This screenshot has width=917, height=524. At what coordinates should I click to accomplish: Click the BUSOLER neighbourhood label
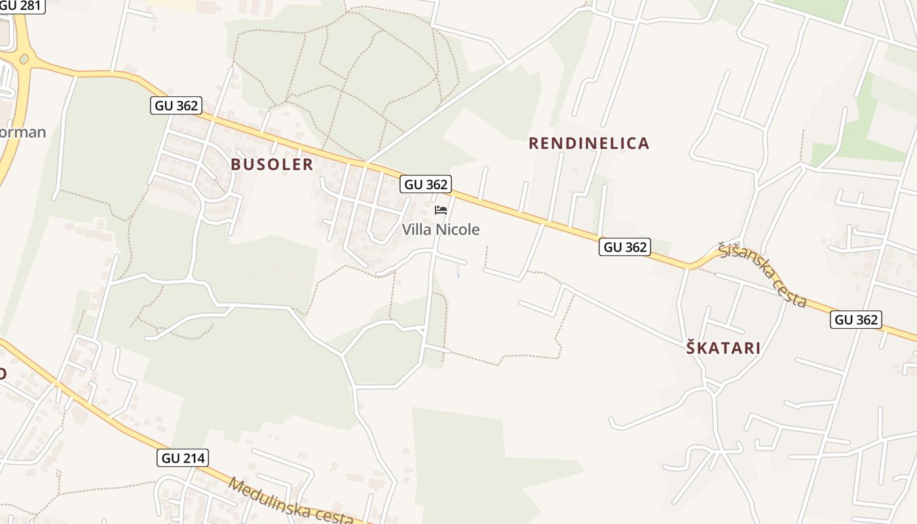272,164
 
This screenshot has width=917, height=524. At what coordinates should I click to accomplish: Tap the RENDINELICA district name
589,143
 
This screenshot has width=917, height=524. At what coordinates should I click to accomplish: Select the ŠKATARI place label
723,348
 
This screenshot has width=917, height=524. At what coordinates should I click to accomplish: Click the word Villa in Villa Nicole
416,230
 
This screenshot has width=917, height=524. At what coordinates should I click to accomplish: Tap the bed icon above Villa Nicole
441,210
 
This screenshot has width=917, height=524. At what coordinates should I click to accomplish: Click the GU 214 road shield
183,458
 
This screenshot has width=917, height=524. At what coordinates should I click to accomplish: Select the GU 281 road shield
21,6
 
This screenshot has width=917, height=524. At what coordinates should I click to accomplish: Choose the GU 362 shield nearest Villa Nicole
426,185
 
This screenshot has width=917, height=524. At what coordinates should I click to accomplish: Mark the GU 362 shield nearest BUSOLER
176,105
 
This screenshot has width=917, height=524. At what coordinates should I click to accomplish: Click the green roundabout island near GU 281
24,59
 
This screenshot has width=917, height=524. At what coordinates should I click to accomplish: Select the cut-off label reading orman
22,132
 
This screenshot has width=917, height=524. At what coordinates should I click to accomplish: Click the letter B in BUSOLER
236,164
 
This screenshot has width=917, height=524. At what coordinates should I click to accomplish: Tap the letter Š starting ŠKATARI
691,348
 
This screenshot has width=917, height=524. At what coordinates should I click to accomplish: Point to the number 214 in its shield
193,458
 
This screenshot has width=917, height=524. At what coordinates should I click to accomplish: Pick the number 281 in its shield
30,6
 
